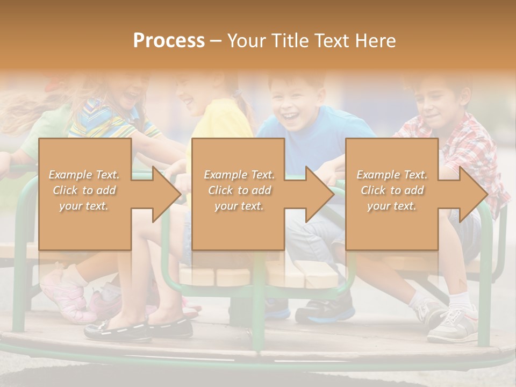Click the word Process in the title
click(169, 40)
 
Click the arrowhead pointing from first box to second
click(167, 194)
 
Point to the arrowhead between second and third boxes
click(320, 194)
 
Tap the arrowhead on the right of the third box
click(473, 194)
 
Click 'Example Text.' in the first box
click(84, 175)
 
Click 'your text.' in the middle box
click(239, 206)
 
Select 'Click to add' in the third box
click(392, 190)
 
